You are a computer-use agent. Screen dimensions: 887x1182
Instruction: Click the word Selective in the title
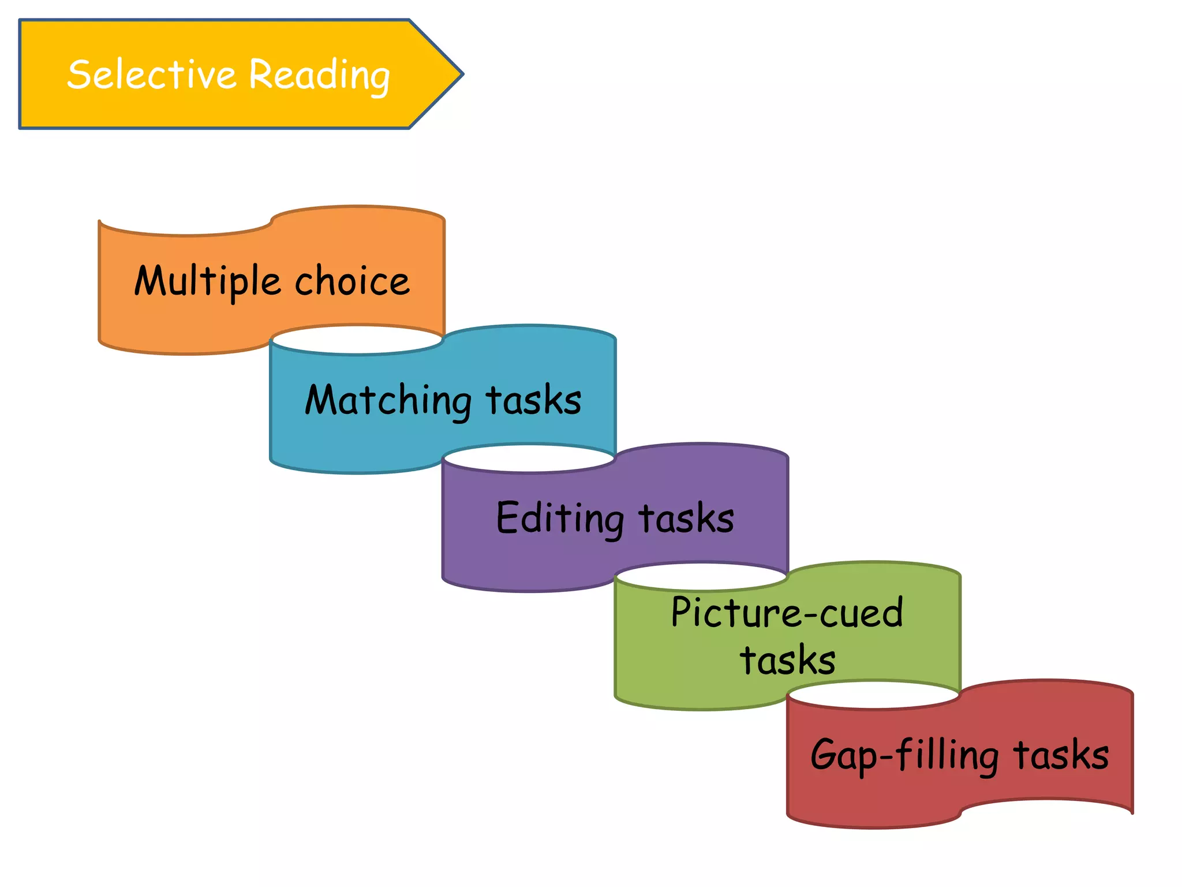pos(151,74)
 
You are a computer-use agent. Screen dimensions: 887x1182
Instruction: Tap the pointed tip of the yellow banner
pos(462,74)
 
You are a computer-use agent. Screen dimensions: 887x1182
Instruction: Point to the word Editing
pos(559,518)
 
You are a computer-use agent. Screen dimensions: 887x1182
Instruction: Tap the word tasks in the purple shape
pos(686,518)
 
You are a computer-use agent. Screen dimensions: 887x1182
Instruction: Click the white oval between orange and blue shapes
pos(357,340)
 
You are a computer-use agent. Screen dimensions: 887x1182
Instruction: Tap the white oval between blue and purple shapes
pos(529,459)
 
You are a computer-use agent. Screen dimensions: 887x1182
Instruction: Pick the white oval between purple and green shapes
pos(701,577)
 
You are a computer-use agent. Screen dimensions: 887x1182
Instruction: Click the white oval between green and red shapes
pos(873,695)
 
